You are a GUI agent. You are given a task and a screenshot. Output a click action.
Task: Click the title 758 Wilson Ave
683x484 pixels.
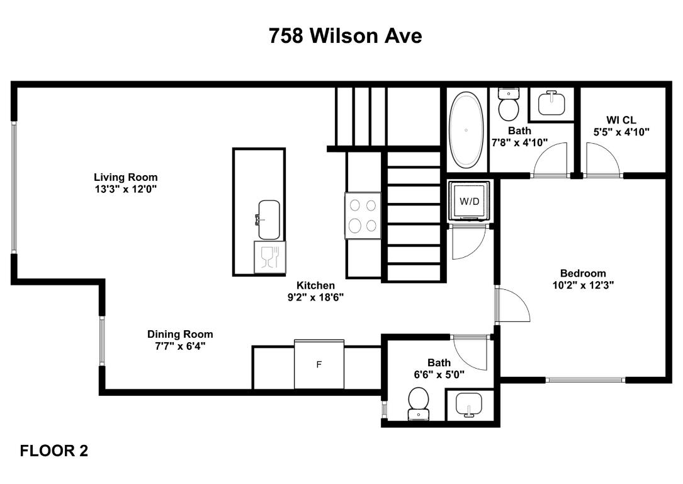click(x=345, y=36)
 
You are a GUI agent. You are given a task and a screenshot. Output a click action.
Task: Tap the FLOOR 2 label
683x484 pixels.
click(x=54, y=451)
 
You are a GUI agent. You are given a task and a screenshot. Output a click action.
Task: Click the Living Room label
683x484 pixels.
click(x=126, y=178)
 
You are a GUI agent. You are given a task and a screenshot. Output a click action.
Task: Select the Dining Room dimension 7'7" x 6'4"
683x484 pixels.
click(x=180, y=346)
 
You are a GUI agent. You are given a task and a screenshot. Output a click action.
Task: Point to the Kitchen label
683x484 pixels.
click(x=316, y=285)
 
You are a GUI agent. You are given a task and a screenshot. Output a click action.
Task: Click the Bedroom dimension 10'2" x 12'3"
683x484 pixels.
click(x=584, y=285)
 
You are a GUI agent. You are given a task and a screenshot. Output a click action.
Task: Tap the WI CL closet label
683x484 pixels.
click(x=621, y=120)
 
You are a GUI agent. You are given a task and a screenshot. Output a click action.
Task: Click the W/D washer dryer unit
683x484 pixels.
click(x=469, y=202)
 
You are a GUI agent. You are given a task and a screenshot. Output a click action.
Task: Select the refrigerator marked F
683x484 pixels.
click(x=319, y=364)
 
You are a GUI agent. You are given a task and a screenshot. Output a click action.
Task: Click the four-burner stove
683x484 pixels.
click(x=363, y=216)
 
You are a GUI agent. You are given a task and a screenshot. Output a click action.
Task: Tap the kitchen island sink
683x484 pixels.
click(x=269, y=220)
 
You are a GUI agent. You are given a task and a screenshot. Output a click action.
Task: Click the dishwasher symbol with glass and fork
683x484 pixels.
click(x=269, y=257)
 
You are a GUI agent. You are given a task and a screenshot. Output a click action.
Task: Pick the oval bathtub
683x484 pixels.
click(x=466, y=129)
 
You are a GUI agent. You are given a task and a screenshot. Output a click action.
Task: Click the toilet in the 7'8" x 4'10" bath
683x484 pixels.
click(x=509, y=104)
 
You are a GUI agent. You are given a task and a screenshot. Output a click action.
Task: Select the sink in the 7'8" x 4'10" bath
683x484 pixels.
click(x=552, y=103)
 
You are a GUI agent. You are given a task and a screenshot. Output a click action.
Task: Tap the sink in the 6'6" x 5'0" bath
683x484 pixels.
click(x=469, y=405)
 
